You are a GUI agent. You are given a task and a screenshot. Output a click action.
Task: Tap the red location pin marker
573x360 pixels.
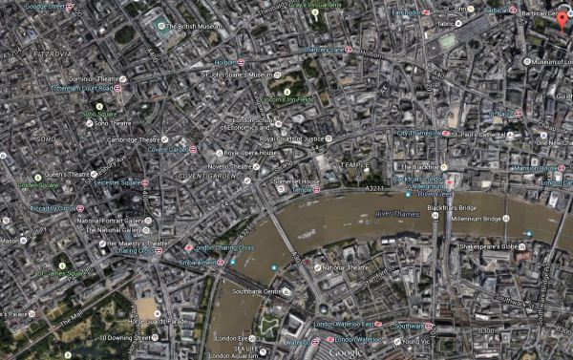coord(562,21)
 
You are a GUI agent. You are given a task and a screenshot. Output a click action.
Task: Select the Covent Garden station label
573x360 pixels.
coord(168,150)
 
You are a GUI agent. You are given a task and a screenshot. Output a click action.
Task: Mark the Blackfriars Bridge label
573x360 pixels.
coord(454,206)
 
